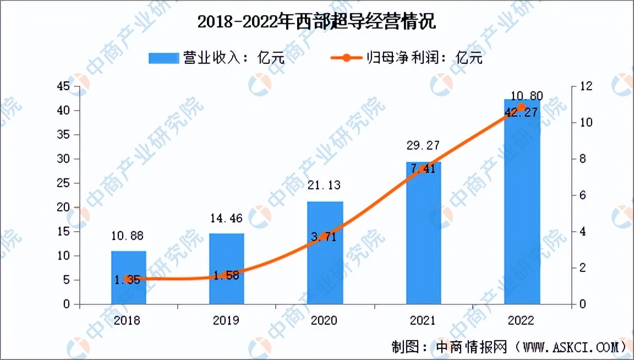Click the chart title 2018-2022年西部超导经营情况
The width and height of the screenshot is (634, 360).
click(x=316, y=22)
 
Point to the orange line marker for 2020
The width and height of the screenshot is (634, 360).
click(x=325, y=237)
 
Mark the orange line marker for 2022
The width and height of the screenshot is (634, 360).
click(x=522, y=107)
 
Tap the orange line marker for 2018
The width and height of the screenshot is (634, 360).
click(x=129, y=279)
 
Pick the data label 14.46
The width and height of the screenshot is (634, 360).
click(x=227, y=219)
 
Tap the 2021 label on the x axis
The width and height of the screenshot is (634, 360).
click(x=423, y=320)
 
